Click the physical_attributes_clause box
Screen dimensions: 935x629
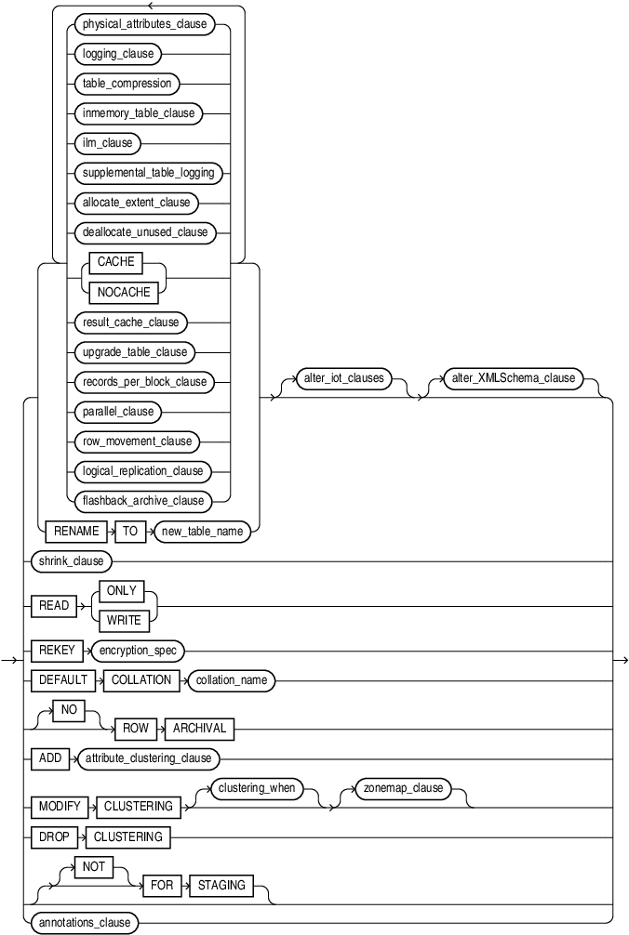(x=145, y=23)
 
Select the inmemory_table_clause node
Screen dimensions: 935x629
(x=139, y=112)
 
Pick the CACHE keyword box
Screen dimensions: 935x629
(x=116, y=262)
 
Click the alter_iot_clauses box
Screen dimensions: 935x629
(x=342, y=378)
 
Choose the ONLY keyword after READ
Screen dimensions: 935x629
(x=121, y=591)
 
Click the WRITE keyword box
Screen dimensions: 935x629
(x=122, y=621)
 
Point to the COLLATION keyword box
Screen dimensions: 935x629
(x=141, y=680)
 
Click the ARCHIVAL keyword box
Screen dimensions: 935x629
(x=200, y=729)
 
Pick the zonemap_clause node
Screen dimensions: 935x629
(x=402, y=788)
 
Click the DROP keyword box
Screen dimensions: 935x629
(x=54, y=836)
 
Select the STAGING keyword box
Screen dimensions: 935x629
(x=222, y=885)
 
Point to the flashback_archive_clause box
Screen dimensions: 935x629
(x=143, y=501)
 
